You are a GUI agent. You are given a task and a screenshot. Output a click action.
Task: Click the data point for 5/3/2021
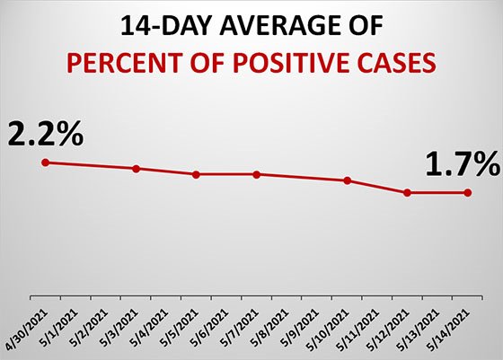(136, 169)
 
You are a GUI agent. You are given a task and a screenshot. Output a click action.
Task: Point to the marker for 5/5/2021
(196, 174)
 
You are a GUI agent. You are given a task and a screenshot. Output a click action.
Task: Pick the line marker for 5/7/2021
(257, 174)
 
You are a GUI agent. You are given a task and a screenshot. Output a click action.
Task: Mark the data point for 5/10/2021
(347, 180)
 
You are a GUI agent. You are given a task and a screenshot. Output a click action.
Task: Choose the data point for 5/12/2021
(408, 192)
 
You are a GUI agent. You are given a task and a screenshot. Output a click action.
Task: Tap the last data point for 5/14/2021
(468, 192)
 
